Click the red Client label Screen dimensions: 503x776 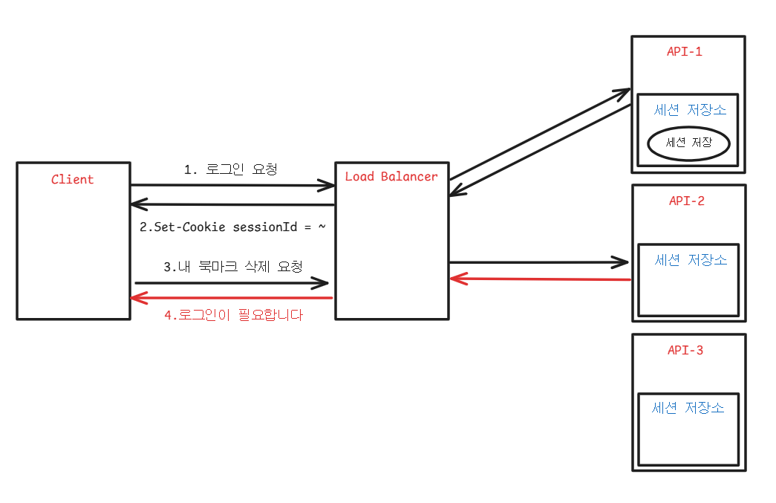[73, 179]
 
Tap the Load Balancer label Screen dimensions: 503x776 [391, 176]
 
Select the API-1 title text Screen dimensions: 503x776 [685, 51]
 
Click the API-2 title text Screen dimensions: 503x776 [686, 201]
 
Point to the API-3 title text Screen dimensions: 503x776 [685, 350]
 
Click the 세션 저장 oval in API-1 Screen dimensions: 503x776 [688, 143]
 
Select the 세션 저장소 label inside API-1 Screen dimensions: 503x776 [690, 110]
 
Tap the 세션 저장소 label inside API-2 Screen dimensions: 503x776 [691, 260]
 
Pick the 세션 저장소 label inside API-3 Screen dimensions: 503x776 [688, 408]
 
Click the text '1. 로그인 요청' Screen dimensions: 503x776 [231, 169]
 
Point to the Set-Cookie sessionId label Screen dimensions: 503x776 [232, 227]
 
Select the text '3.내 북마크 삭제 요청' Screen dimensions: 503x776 [232, 266]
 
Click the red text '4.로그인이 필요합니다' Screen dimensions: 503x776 [233, 314]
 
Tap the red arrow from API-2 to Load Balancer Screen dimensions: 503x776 [540, 279]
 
